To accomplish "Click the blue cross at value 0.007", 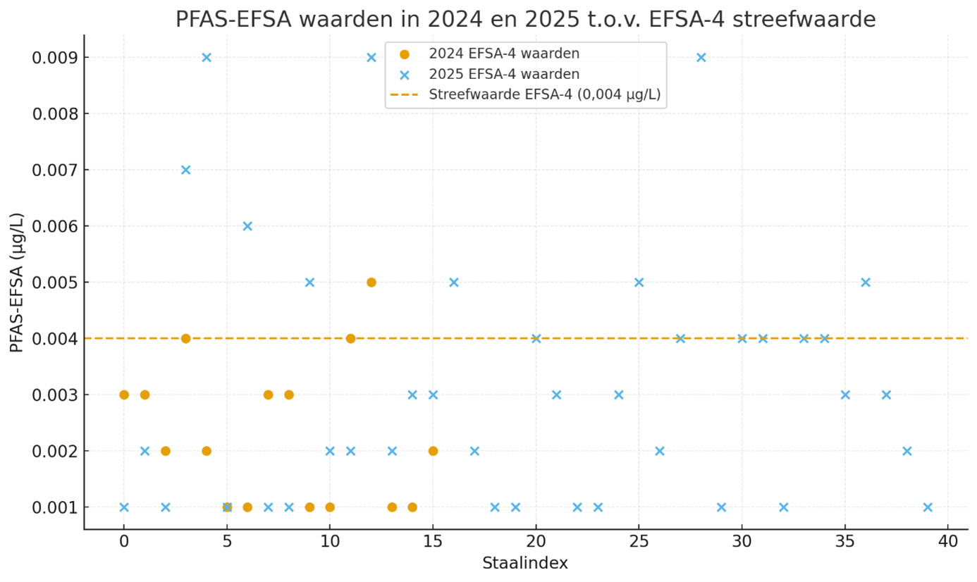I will tap(185, 170).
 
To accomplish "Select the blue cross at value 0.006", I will tap(247, 226).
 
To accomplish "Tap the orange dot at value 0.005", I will tap(371, 283).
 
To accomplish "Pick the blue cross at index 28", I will tap(701, 57).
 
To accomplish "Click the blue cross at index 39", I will tap(928, 507).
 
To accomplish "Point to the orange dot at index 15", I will tap(433, 451).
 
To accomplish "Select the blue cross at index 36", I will tap(866, 283).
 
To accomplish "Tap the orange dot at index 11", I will tap(350, 338).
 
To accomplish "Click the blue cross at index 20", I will tap(536, 338).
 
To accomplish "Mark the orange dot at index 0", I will tap(124, 395).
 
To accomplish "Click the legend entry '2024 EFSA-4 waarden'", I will tap(504, 54).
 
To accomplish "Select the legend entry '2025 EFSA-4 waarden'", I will tap(504, 74).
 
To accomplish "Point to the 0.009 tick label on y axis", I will tap(55, 57).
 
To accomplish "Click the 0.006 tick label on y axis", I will tap(55, 226).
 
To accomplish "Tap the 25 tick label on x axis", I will tap(639, 541).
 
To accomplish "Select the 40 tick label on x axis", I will tap(947, 541).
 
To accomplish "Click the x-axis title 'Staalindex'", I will tap(525, 564).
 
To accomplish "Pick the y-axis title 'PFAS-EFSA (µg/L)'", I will tap(17, 282).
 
